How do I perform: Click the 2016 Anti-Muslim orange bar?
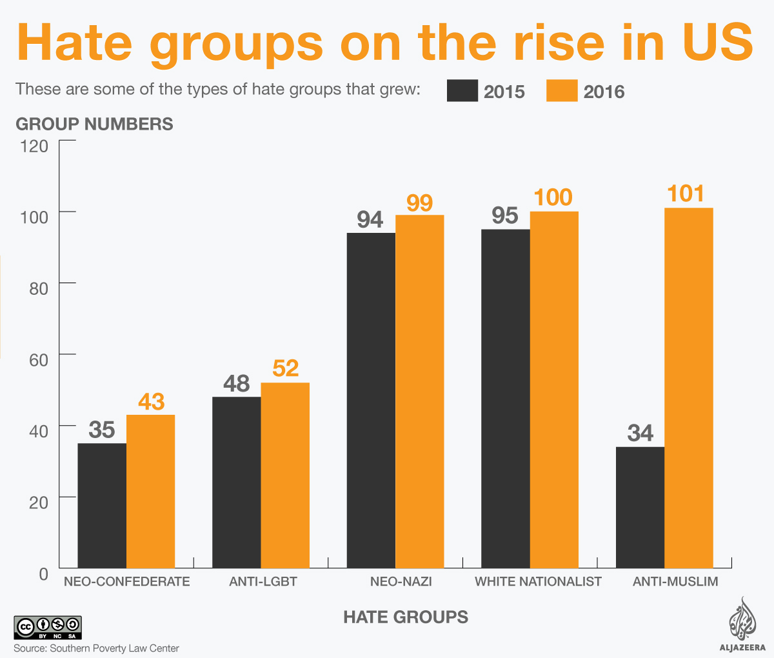click(x=688, y=387)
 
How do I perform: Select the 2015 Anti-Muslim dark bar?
click(x=640, y=507)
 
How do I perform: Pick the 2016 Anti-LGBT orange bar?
click(x=285, y=475)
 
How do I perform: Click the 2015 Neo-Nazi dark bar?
click(x=371, y=400)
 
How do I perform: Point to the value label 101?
click(x=686, y=193)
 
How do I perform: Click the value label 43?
click(x=152, y=402)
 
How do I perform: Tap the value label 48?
click(x=237, y=384)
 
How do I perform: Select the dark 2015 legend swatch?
click(x=462, y=91)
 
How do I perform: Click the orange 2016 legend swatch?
click(x=562, y=91)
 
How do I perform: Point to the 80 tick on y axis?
click(x=39, y=288)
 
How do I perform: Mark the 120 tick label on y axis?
click(x=34, y=146)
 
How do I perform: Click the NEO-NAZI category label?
click(x=401, y=581)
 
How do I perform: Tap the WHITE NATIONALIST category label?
click(x=538, y=581)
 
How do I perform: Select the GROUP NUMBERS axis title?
click(x=94, y=124)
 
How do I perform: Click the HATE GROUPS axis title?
click(x=406, y=617)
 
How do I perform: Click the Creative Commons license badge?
click(x=48, y=628)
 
